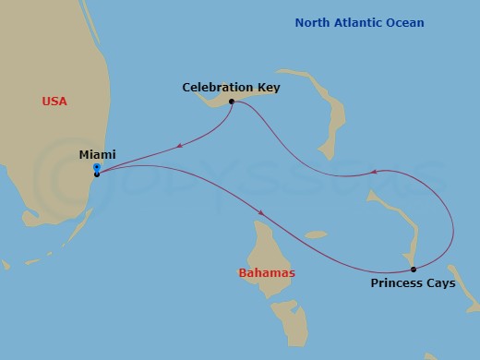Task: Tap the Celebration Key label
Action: [x=231, y=88]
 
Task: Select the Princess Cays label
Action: [x=413, y=283]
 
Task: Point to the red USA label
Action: [x=55, y=101]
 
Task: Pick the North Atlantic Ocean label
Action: [x=359, y=23]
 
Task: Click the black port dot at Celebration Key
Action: [x=232, y=102]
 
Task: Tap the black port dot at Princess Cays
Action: [x=414, y=270]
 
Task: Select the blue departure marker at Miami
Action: [x=97, y=167]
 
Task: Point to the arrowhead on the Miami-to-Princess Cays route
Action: [x=262, y=213]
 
